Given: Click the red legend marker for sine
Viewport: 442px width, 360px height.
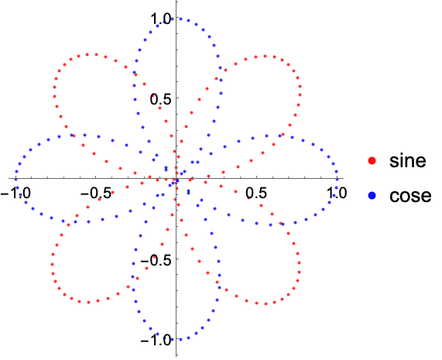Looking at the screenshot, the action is coord(372,161).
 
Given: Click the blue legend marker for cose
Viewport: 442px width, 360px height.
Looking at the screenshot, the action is coord(372,195).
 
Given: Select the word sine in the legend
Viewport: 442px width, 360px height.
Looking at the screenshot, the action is coord(408,160).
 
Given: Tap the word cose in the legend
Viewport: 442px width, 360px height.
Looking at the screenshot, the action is coord(410,196).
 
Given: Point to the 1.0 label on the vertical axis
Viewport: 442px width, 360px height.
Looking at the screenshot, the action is coord(160,19).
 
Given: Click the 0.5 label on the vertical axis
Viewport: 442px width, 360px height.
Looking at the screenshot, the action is coord(160,99).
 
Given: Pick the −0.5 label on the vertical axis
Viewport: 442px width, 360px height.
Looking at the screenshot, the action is coord(156,260).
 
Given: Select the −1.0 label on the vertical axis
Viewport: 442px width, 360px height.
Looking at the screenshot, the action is coord(156,341).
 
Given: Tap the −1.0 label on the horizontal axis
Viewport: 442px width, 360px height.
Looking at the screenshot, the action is coord(15,193).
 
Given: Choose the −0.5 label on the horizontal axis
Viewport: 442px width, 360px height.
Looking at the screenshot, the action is coord(96,193).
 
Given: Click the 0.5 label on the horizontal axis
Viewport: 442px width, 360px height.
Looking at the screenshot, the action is coord(256,193).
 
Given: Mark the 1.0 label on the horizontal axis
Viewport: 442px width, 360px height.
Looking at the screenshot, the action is coord(337,193).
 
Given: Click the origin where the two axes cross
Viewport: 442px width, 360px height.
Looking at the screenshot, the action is coord(176,178).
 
